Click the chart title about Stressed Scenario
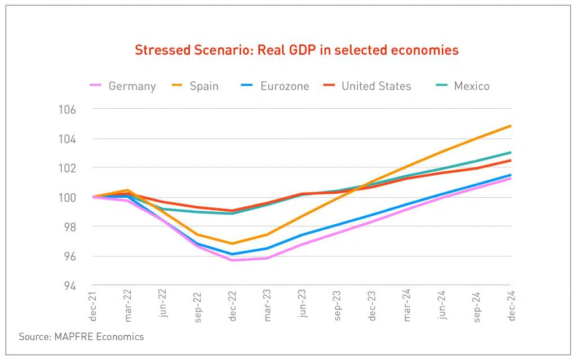tap(296, 50)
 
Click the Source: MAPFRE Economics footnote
tap(81, 337)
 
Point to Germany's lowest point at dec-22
tap(232, 260)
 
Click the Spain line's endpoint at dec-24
tap(511, 126)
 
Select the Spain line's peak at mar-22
tap(127, 190)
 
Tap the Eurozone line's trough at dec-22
tap(232, 254)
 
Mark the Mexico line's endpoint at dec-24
tap(511, 152)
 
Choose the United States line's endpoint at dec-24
tap(511, 161)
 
